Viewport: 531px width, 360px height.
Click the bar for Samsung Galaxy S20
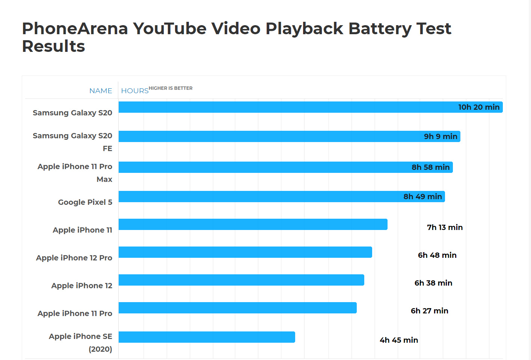point(285,107)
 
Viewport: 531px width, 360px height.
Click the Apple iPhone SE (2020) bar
point(207,337)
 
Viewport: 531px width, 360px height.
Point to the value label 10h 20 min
point(479,107)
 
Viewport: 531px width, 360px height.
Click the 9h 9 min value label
point(440,136)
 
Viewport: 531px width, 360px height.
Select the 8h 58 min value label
point(430,167)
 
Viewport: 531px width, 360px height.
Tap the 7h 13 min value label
point(445,227)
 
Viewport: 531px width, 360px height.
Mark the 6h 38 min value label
point(433,283)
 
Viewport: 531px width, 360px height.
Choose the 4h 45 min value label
point(399,340)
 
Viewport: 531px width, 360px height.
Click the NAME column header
point(101,91)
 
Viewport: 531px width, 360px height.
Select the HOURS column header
point(135,91)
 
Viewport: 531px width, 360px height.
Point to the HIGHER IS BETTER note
point(170,88)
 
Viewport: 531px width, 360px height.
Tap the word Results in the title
point(54,46)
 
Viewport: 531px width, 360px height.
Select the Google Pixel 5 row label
point(85,202)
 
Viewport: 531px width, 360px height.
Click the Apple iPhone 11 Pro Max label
point(75,172)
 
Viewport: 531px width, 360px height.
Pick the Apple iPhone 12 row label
point(82,286)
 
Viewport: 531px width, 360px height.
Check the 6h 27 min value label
point(429,311)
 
